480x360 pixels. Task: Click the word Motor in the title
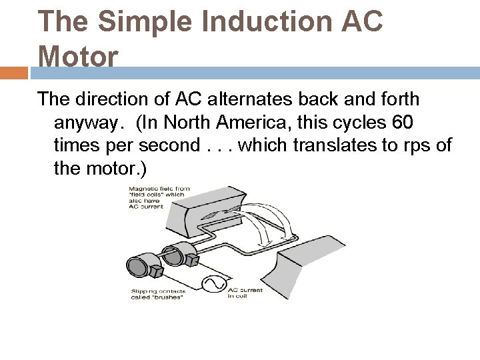point(79,56)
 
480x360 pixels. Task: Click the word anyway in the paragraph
point(89,123)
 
